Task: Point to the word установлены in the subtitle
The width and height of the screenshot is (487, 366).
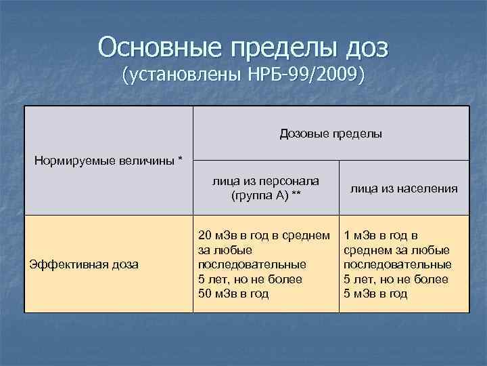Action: [187, 75]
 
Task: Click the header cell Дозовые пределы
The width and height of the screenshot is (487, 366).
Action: [331, 134]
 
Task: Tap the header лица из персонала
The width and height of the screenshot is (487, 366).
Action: [266, 182]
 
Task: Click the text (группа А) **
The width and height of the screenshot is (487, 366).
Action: [266, 196]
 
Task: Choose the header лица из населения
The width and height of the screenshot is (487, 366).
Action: [404, 189]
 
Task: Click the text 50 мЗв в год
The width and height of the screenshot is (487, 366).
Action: [233, 293]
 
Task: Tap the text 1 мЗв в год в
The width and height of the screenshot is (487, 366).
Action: [381, 235]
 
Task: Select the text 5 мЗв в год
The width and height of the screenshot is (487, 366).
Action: [376, 293]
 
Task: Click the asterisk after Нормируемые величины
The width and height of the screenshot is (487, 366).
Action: [180, 161]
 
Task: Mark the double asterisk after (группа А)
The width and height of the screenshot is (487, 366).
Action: [296, 196]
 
